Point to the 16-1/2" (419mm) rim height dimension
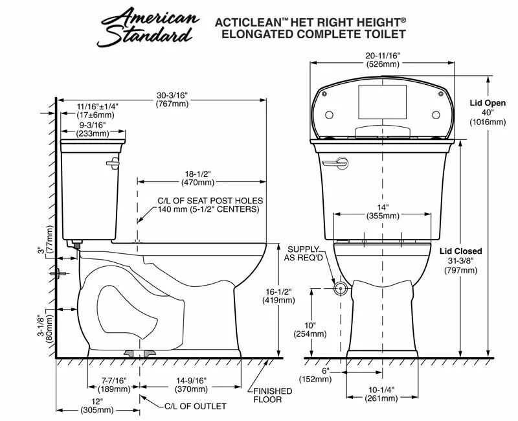(278, 296)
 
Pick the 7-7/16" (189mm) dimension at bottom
(114, 385)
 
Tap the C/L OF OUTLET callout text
(194, 406)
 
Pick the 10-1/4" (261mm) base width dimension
(381, 394)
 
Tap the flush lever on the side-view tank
(114, 161)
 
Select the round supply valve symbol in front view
(338, 286)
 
